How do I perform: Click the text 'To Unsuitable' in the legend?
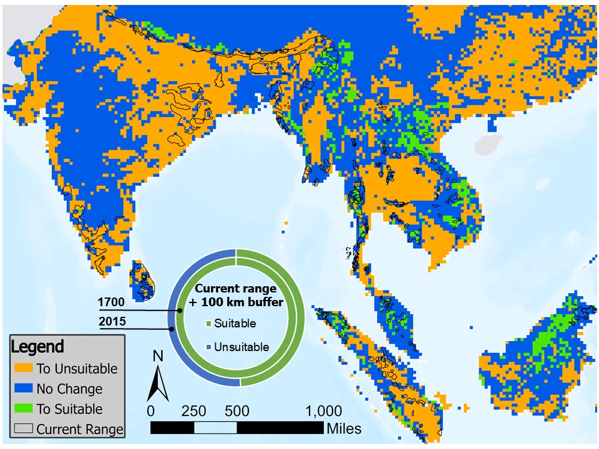click(x=77, y=369)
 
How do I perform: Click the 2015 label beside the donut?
click(x=111, y=322)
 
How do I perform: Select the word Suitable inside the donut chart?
click(x=235, y=324)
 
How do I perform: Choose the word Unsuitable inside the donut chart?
click(x=241, y=347)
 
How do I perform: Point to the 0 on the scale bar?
click(x=150, y=412)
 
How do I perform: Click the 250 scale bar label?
click(x=193, y=412)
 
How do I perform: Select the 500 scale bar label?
click(x=236, y=412)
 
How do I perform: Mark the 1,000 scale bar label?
click(x=323, y=412)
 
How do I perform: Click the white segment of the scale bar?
click(x=215, y=428)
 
